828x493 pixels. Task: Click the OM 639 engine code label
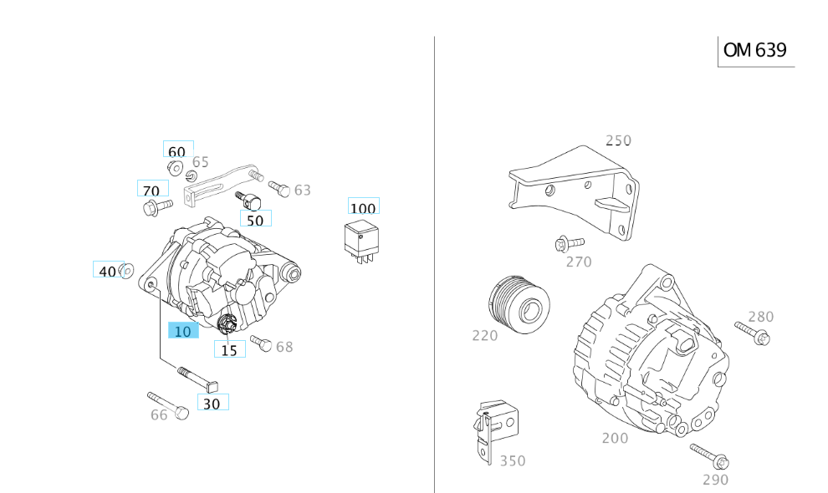(x=755, y=50)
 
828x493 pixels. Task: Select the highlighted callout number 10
(x=183, y=331)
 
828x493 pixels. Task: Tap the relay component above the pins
(x=361, y=237)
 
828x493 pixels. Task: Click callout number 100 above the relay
(x=363, y=207)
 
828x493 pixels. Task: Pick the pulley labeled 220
(x=519, y=306)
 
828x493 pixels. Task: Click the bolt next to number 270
(x=562, y=244)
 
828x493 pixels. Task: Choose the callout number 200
(x=615, y=438)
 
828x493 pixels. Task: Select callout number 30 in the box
(x=212, y=403)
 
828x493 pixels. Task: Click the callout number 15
(x=229, y=350)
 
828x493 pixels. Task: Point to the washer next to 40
(x=127, y=271)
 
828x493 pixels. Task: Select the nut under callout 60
(x=176, y=167)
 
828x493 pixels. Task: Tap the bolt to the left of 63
(x=279, y=189)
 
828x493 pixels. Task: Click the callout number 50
(x=255, y=220)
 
